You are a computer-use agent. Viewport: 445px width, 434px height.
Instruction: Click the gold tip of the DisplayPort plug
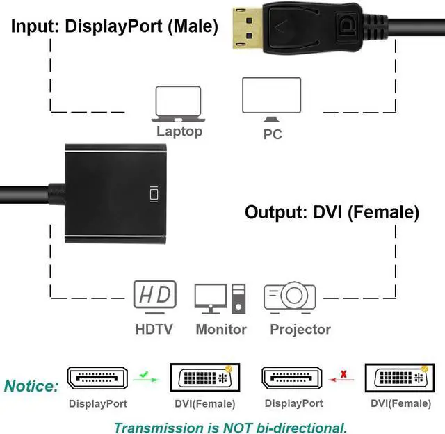pos(248,29)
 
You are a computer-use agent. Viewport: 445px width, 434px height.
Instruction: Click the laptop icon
pos(178,104)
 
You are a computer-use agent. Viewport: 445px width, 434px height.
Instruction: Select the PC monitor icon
pos(272,99)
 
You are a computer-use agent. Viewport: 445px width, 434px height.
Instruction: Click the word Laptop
pos(179,131)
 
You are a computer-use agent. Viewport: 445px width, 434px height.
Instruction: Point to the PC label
pos(273,134)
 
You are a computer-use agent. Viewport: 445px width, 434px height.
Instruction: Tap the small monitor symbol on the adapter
pos(154,195)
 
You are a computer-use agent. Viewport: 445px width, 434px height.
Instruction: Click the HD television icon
pos(155,297)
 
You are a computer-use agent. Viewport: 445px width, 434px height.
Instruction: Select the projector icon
pos(290,297)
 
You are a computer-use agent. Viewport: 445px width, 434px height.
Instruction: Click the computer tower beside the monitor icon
pos(238,298)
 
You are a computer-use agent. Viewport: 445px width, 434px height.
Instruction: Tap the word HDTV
pos(154,330)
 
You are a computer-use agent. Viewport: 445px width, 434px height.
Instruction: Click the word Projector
pos(300,330)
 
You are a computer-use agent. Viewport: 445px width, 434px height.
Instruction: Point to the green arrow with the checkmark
pos(146,377)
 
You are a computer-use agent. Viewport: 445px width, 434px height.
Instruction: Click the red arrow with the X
pos(341,377)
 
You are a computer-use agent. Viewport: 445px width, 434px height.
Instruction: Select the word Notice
pos(31,386)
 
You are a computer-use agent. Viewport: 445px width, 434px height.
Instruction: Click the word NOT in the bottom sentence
pos(237,428)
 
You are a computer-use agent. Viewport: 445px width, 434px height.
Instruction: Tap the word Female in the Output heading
pos(383,212)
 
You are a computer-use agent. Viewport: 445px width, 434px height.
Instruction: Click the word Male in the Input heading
pos(193,26)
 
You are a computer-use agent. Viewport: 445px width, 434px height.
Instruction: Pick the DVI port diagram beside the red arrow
pos(400,378)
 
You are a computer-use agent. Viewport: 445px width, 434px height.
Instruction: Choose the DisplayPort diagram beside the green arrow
pos(97,378)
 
